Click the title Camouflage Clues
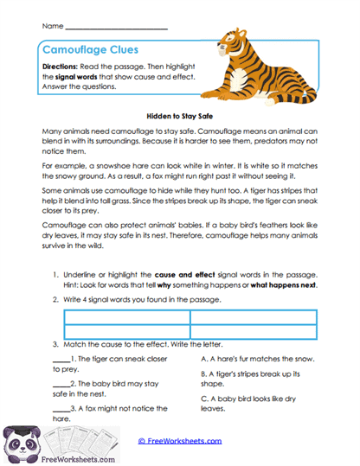coord(89,50)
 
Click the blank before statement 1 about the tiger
coord(61,358)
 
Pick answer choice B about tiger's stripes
coord(251,379)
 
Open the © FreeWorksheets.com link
coord(179,441)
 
